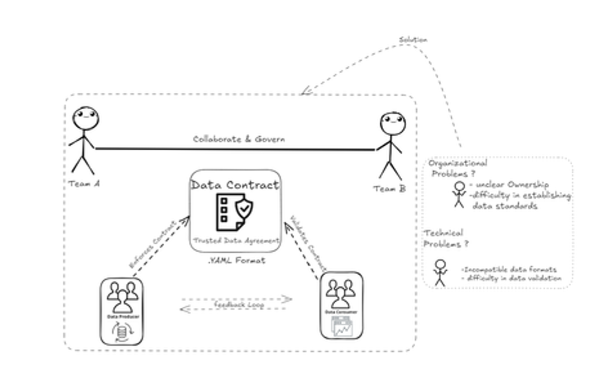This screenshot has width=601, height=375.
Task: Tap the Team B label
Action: point(389,189)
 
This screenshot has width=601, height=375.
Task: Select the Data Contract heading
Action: point(235,185)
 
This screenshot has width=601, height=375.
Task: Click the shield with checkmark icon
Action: point(244,209)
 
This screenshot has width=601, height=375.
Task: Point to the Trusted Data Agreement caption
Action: point(236,240)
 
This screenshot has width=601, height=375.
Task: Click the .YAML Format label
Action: point(235,261)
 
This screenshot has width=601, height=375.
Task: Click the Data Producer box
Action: point(122,310)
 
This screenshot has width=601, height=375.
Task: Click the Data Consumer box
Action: point(340,305)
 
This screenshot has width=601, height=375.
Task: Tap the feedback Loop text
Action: point(239,304)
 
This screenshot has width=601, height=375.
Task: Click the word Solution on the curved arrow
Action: point(413,40)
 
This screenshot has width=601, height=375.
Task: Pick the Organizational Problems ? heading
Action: point(458,168)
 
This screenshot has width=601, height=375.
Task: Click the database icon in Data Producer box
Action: point(122,333)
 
